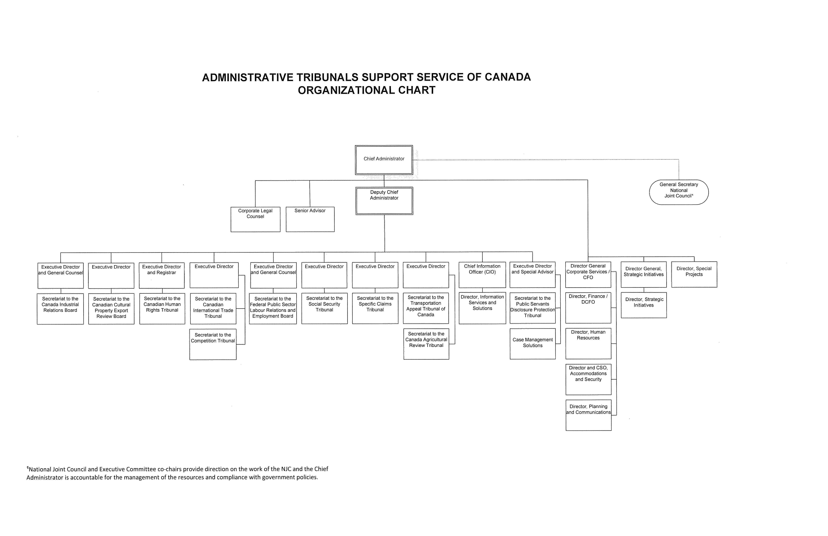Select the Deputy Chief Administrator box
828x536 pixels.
[384, 201]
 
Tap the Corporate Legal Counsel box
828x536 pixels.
[255, 219]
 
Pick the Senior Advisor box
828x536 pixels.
[310, 219]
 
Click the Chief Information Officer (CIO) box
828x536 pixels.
[482, 275]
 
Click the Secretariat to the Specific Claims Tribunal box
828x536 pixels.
[375, 308]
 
